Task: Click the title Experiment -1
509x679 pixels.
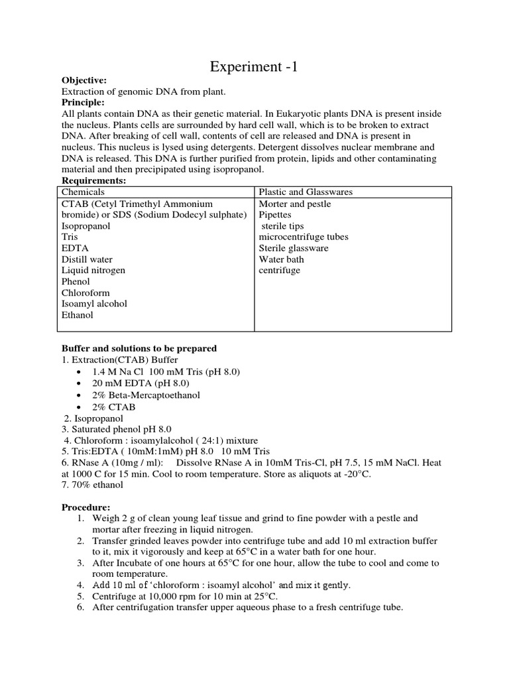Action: (254, 66)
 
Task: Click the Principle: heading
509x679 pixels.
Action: (83, 103)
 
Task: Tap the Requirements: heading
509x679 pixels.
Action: (93, 181)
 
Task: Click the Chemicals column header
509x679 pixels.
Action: (84, 192)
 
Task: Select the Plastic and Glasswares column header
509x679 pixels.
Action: (306, 192)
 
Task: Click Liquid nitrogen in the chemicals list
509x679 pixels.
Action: (93, 271)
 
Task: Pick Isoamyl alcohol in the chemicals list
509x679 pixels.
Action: (94, 304)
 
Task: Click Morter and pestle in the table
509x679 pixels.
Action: (295, 204)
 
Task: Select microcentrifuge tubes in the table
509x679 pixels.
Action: (304, 237)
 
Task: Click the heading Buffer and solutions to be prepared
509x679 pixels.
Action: (139, 348)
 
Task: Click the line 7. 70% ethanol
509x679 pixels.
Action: (92, 485)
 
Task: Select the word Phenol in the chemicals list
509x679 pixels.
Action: (76, 282)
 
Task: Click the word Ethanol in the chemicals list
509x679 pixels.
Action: (78, 315)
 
